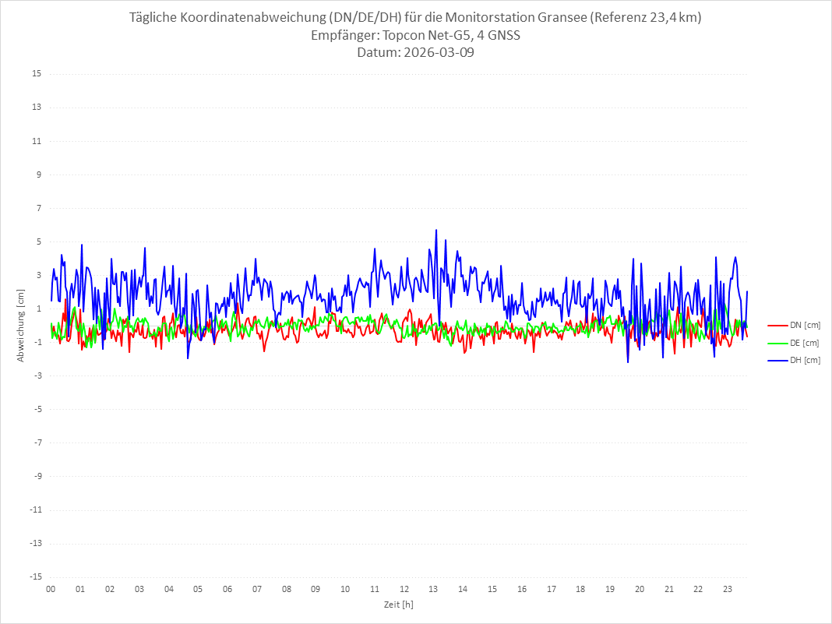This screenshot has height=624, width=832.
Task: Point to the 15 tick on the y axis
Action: pos(37,74)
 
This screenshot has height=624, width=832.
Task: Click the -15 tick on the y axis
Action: pos(35,576)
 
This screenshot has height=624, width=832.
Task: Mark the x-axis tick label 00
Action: pos(51,589)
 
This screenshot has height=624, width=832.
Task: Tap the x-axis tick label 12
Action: pos(404,589)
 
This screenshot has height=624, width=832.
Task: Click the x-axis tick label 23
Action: pos(728,589)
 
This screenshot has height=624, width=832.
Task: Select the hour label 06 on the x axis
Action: pos(227,589)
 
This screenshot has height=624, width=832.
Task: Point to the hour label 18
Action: pos(580,589)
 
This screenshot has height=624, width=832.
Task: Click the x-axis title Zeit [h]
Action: pos(399,604)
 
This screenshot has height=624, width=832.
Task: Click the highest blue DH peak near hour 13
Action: pos(436,230)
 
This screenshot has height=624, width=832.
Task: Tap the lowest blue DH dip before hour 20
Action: pos(628,362)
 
